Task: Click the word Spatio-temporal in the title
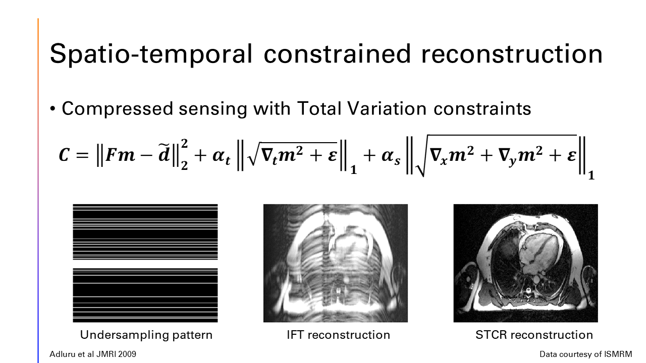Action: pos(151,54)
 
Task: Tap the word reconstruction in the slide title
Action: pos(512,54)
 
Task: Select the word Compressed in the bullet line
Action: pos(118,109)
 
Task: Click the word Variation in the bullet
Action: pos(387,108)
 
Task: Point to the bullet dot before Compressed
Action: pos(52,109)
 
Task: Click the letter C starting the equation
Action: pos(64,155)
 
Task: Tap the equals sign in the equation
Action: pos(82,156)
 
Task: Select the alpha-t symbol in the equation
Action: pos(221,157)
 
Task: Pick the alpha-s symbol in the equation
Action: pos(391,157)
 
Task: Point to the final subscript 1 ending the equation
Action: pos(591,175)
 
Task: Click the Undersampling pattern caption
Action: pos(146,335)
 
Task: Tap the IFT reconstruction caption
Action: pos(338,335)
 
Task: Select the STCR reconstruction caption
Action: pos(534,335)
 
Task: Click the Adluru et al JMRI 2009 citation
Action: pos(93,354)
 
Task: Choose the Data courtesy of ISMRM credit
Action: pos(586,354)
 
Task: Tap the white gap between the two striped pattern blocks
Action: pos(145,264)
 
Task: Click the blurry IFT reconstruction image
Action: pos(336,263)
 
